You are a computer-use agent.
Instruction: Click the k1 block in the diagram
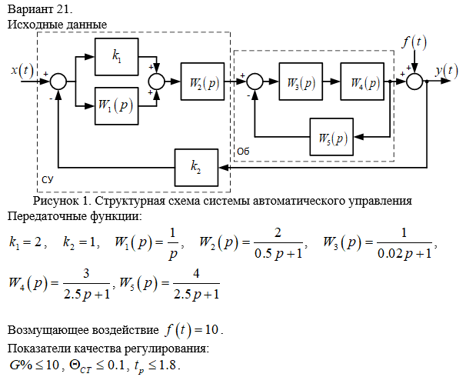point(117,58)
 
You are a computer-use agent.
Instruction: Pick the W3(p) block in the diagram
point(300,82)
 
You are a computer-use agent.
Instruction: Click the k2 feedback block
point(196,166)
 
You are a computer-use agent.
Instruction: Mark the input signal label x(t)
point(22,70)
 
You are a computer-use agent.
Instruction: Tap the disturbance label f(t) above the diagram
point(414,42)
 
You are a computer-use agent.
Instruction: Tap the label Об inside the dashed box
point(243,151)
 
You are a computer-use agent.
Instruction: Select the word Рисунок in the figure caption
point(57,202)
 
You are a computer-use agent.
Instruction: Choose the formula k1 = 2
point(27,242)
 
